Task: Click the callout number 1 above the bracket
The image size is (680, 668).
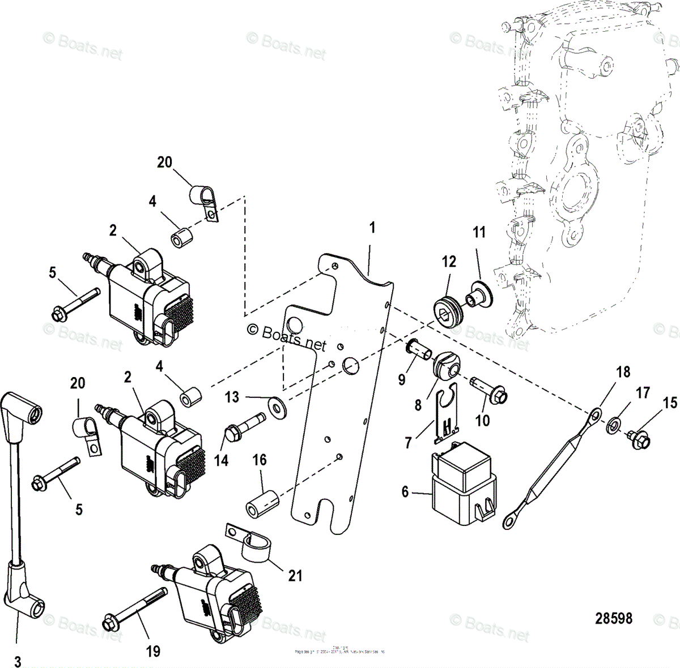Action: coord(372,228)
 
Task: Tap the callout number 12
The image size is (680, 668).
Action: coord(449,262)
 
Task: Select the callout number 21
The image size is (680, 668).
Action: coord(295,576)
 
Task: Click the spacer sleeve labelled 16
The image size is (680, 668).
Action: coord(264,502)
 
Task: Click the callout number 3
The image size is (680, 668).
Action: coord(17,661)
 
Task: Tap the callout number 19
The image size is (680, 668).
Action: coord(153,651)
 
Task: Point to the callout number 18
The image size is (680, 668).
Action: coord(607,372)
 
